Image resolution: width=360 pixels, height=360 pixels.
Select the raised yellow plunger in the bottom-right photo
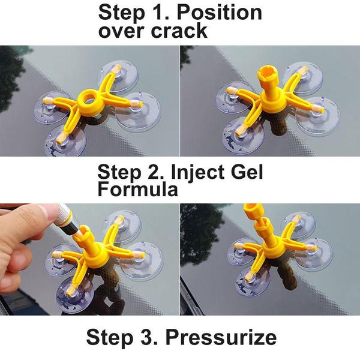click(x=254, y=218)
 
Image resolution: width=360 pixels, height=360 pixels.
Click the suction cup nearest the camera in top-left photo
click(x=65, y=141)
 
